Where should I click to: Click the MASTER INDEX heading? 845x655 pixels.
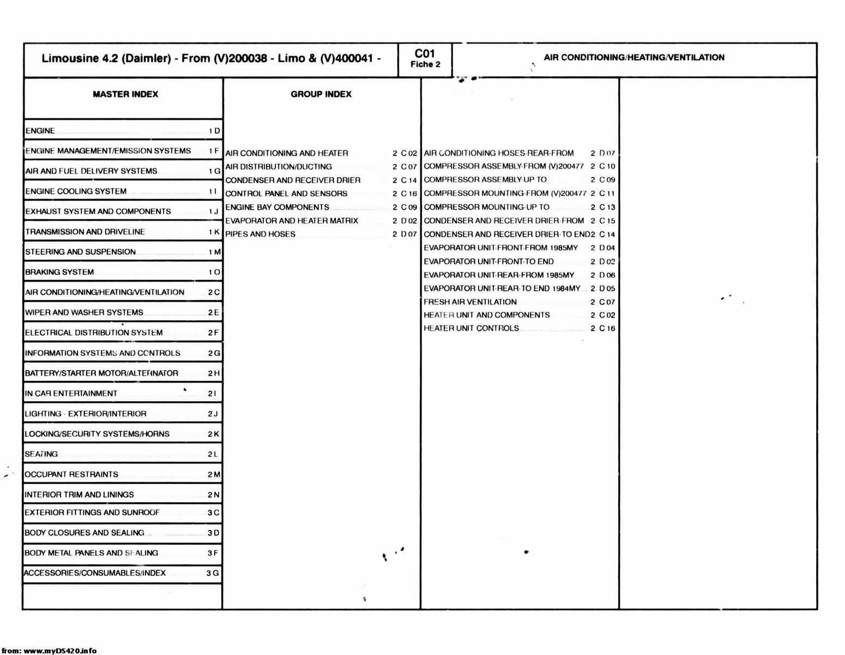(x=125, y=94)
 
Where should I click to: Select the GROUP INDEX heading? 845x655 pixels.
(x=321, y=94)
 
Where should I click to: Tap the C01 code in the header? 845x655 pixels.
(x=425, y=53)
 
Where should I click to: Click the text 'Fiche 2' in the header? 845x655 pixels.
(x=425, y=64)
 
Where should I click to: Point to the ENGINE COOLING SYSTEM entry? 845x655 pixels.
(x=76, y=192)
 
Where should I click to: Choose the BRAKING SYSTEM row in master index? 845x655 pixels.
(x=59, y=272)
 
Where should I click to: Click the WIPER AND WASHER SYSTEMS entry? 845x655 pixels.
(x=84, y=313)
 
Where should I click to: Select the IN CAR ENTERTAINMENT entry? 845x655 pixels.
(x=71, y=394)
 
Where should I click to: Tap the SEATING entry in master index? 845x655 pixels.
(x=41, y=454)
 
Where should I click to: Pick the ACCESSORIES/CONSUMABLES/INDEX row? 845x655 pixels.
(x=95, y=573)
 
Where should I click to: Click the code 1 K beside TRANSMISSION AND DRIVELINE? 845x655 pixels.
(x=214, y=232)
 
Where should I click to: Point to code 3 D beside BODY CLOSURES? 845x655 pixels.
(x=213, y=533)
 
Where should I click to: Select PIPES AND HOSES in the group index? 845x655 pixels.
(x=260, y=234)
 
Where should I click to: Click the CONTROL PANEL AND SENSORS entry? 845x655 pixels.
(x=286, y=194)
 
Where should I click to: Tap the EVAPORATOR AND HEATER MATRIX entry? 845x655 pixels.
(x=292, y=221)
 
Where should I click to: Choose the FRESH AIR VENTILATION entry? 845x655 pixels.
(x=470, y=302)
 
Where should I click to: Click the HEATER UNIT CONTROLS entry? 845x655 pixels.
(x=472, y=329)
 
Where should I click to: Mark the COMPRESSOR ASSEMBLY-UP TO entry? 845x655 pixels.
(x=485, y=180)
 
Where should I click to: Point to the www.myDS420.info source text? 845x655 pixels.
(x=59, y=650)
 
